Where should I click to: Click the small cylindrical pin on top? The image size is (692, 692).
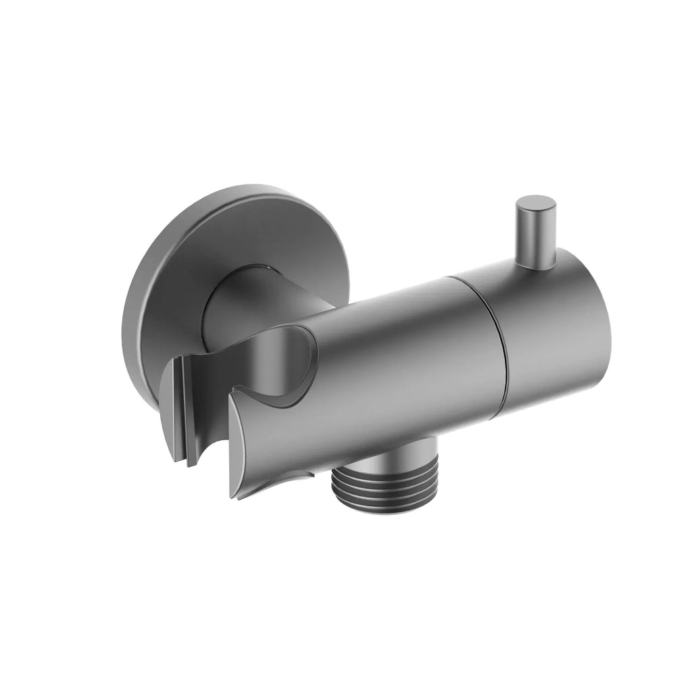535,233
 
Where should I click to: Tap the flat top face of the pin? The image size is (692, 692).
536,204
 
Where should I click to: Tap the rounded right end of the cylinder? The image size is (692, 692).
595,324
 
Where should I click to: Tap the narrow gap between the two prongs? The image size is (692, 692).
216,432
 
